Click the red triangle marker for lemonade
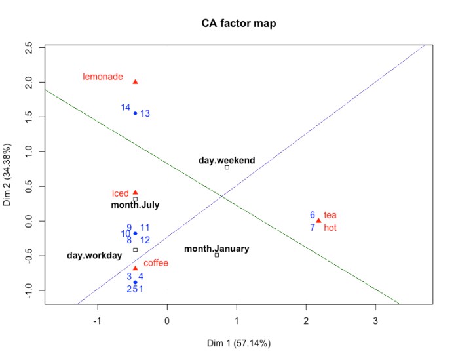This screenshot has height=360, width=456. point(135,82)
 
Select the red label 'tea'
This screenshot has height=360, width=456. point(330,215)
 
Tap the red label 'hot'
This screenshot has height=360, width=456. point(330,228)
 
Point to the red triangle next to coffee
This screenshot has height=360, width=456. point(135,268)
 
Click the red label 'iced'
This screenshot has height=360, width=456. point(120,194)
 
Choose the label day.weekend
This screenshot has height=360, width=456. point(227,160)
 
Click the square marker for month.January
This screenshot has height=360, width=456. point(217,254)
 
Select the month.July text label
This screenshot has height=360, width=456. point(135,205)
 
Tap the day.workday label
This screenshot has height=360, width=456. point(94,255)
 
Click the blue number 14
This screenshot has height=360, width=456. point(125,108)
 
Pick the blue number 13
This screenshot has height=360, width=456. point(145,114)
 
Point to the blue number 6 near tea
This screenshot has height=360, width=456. point(313,214)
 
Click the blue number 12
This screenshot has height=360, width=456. point(145,240)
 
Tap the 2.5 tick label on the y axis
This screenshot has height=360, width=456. point(28,48)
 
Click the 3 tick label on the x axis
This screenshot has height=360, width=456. point(375,321)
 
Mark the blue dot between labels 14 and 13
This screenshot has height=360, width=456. point(135,113)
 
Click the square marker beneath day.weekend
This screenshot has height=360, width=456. point(227,167)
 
